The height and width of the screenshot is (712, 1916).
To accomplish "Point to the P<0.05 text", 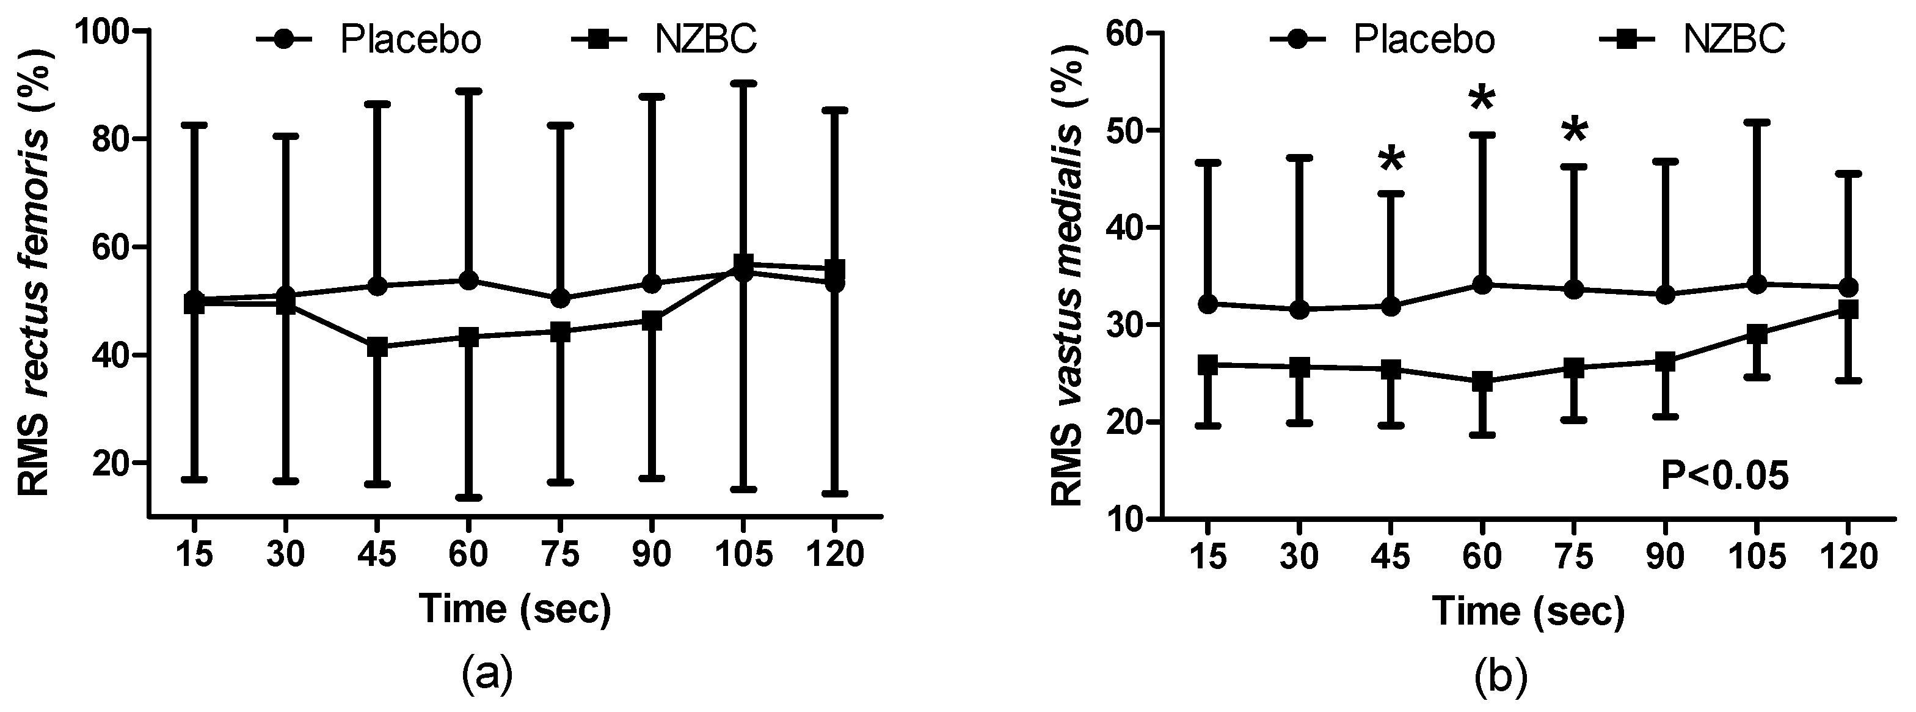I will point(1724,476).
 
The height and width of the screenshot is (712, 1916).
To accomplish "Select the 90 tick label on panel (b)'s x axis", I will point(1664,557).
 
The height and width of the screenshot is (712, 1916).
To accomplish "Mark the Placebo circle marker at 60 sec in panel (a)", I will point(468,281).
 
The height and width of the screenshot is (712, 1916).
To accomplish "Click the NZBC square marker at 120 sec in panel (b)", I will point(1848,309).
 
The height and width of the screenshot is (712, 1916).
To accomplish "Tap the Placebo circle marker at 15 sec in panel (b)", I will point(1208,304).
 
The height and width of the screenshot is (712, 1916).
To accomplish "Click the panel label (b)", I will point(1500,675).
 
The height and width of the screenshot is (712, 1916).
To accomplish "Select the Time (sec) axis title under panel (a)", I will point(515,610).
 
